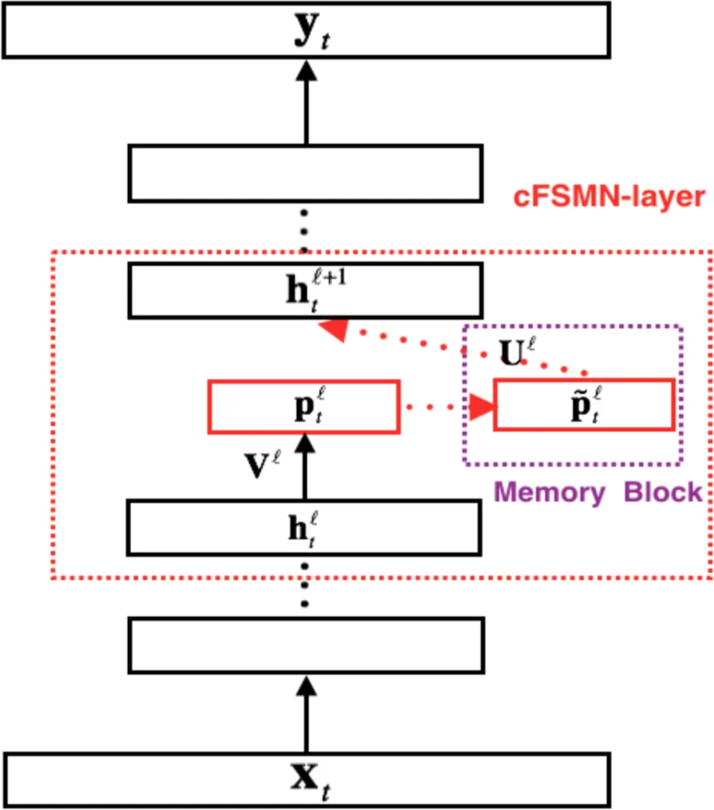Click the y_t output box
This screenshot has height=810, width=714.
click(x=305, y=30)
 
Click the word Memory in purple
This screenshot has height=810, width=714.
click(x=549, y=492)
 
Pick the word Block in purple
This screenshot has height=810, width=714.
click(x=663, y=492)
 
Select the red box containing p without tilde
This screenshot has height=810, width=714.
click(x=304, y=405)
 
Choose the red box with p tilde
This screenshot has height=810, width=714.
click(x=584, y=405)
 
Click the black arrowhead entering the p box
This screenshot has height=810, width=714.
click(x=305, y=444)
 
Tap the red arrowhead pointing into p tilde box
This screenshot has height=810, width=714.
click(x=483, y=405)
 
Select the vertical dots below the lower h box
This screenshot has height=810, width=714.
click(x=305, y=584)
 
